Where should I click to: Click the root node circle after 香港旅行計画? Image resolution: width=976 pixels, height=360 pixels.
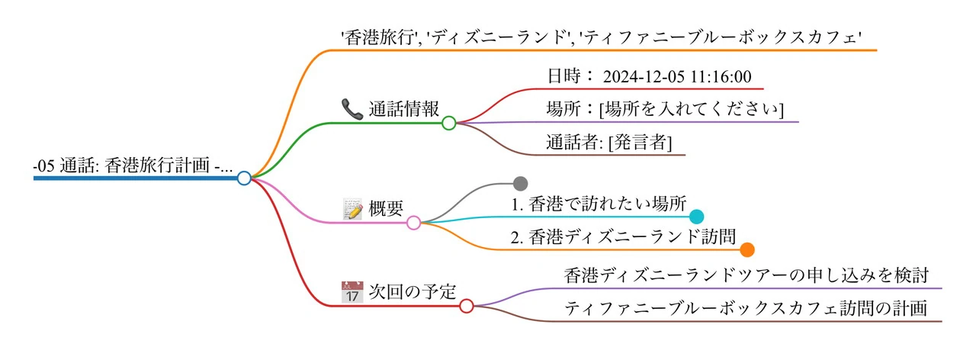(x=244, y=178)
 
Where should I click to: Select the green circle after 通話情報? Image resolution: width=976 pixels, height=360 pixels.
(x=448, y=122)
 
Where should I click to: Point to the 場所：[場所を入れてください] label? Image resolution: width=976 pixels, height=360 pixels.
(x=665, y=108)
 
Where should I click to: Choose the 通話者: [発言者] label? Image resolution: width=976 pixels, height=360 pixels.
(x=609, y=142)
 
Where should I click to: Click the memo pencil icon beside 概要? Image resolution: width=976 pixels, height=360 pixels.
(x=352, y=209)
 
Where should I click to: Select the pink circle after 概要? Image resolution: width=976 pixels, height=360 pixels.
(x=413, y=223)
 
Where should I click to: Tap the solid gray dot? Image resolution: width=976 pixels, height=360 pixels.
(x=521, y=183)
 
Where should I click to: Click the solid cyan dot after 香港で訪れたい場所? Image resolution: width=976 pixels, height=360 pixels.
(x=696, y=216)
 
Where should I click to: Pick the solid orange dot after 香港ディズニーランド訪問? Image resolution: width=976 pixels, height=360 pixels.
(x=747, y=249)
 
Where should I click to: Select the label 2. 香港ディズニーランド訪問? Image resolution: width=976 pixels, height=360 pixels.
(x=623, y=236)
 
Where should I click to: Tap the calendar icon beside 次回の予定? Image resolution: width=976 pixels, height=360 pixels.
(x=352, y=292)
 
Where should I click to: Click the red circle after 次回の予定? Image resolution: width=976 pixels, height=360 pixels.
(x=467, y=306)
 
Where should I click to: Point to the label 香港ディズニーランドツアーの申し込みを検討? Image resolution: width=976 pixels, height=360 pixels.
(x=746, y=275)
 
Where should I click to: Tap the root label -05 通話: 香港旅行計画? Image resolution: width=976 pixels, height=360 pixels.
(x=133, y=166)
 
